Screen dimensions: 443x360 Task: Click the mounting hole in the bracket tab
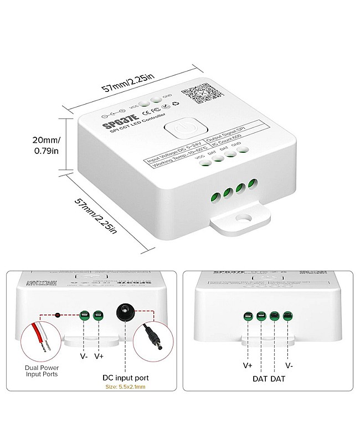(x=242, y=220)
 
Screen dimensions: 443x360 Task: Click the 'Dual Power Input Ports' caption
(x=42, y=370)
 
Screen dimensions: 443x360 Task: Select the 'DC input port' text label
(x=125, y=378)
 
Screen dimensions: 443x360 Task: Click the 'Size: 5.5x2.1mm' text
(x=125, y=388)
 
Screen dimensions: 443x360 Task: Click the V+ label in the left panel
(x=99, y=357)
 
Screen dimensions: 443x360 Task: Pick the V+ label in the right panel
(x=248, y=365)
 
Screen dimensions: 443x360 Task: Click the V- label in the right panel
(x=290, y=365)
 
